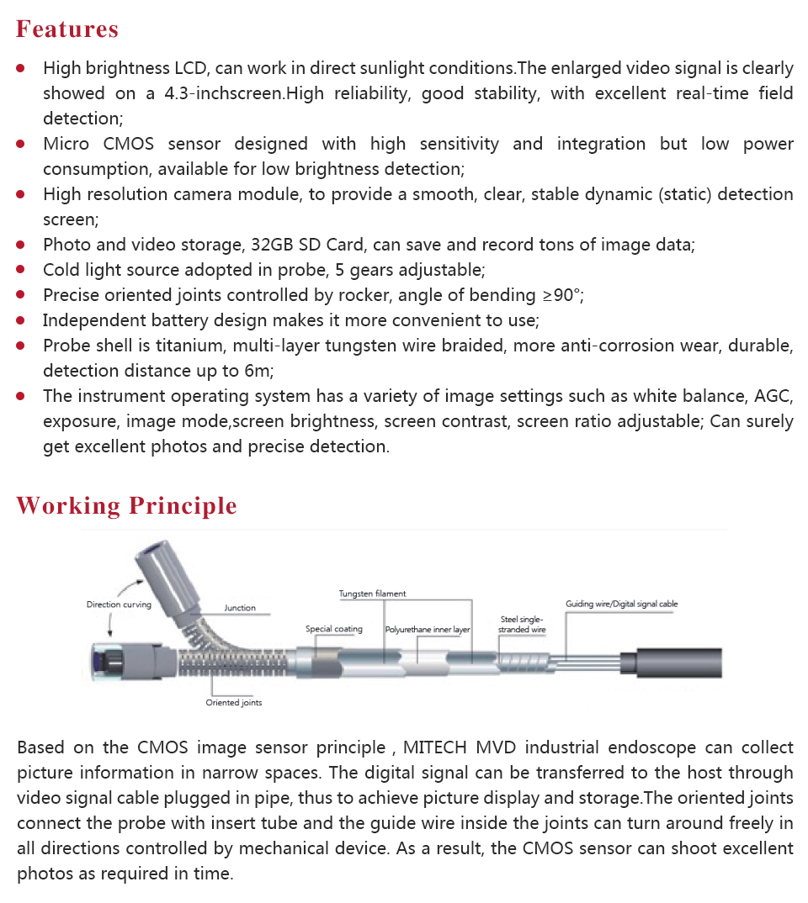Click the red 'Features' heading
67,29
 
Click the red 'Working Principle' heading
126,506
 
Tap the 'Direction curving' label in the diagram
119,605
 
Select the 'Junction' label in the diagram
240,608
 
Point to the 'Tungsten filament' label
372,594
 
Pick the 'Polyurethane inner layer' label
428,629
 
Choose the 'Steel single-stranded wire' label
522,625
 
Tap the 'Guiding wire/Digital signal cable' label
621,604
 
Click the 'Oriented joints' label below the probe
234,703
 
